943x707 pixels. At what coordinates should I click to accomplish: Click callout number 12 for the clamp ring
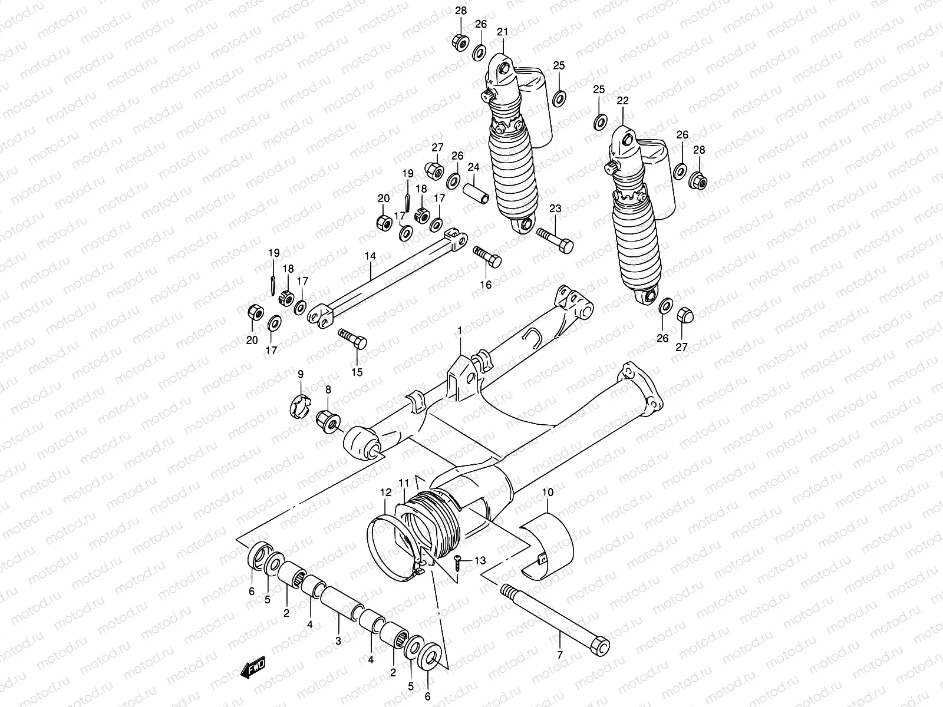[x=385, y=492]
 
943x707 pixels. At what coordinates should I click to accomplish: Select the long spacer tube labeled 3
[x=342, y=600]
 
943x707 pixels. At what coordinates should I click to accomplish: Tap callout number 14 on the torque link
[x=370, y=256]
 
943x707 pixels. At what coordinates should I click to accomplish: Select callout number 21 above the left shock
[x=502, y=31]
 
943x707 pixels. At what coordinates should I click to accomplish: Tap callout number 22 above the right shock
[x=623, y=101]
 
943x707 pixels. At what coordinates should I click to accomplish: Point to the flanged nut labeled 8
[x=327, y=421]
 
